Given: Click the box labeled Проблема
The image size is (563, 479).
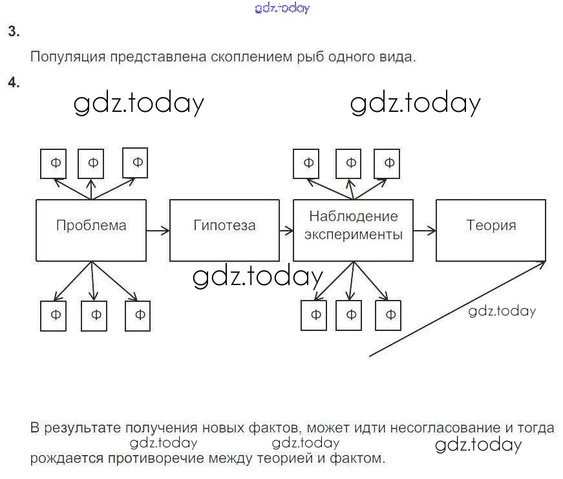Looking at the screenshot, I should [90, 229].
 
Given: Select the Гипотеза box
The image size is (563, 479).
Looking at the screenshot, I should [224, 229].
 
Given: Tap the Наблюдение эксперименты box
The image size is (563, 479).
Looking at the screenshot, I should [353, 229].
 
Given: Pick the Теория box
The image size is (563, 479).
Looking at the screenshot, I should [491, 229].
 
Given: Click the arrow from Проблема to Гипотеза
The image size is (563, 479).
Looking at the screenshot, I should [158, 229].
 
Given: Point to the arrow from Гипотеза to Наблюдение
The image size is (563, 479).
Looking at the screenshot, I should [285, 229].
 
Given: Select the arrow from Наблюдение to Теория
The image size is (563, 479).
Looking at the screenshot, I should [424, 229].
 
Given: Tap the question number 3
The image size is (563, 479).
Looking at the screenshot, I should [14, 31].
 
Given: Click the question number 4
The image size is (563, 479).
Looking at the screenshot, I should [14, 82].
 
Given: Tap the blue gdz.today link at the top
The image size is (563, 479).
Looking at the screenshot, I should [282, 8].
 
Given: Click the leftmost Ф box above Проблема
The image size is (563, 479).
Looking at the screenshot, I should [56, 164].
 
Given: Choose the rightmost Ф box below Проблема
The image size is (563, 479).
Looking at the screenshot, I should [139, 315].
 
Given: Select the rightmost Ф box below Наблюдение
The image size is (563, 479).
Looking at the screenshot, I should [390, 315].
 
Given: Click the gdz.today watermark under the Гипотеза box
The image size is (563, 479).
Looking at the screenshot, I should [257, 277].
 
